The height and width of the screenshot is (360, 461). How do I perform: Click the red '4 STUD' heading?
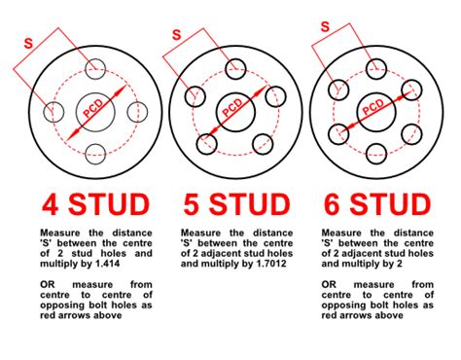[94, 204]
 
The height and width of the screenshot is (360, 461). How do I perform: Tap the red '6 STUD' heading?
[375, 204]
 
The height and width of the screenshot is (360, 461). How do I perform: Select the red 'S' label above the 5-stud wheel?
[176, 34]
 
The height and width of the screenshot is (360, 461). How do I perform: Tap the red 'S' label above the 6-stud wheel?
[317, 34]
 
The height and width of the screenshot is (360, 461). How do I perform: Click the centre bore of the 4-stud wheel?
[94, 110]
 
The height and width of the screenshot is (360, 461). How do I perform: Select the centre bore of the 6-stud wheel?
[376, 110]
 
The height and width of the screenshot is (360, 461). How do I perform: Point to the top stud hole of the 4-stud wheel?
[94, 67]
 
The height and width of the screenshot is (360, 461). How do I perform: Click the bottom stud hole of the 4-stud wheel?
[94, 153]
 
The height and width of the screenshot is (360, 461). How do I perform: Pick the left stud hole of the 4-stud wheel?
[52, 110]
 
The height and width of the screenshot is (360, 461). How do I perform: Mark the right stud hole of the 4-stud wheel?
[137, 110]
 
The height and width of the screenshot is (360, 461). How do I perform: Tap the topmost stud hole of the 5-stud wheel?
[235, 67]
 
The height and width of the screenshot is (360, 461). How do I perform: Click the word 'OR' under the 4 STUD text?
[49, 283]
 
